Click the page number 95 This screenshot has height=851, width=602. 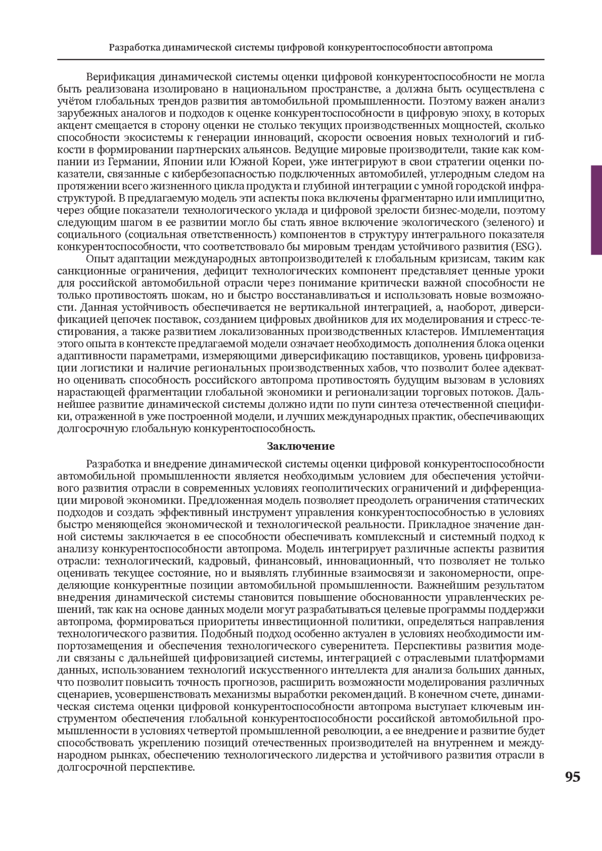[572, 777]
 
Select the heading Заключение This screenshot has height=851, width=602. [300, 446]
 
